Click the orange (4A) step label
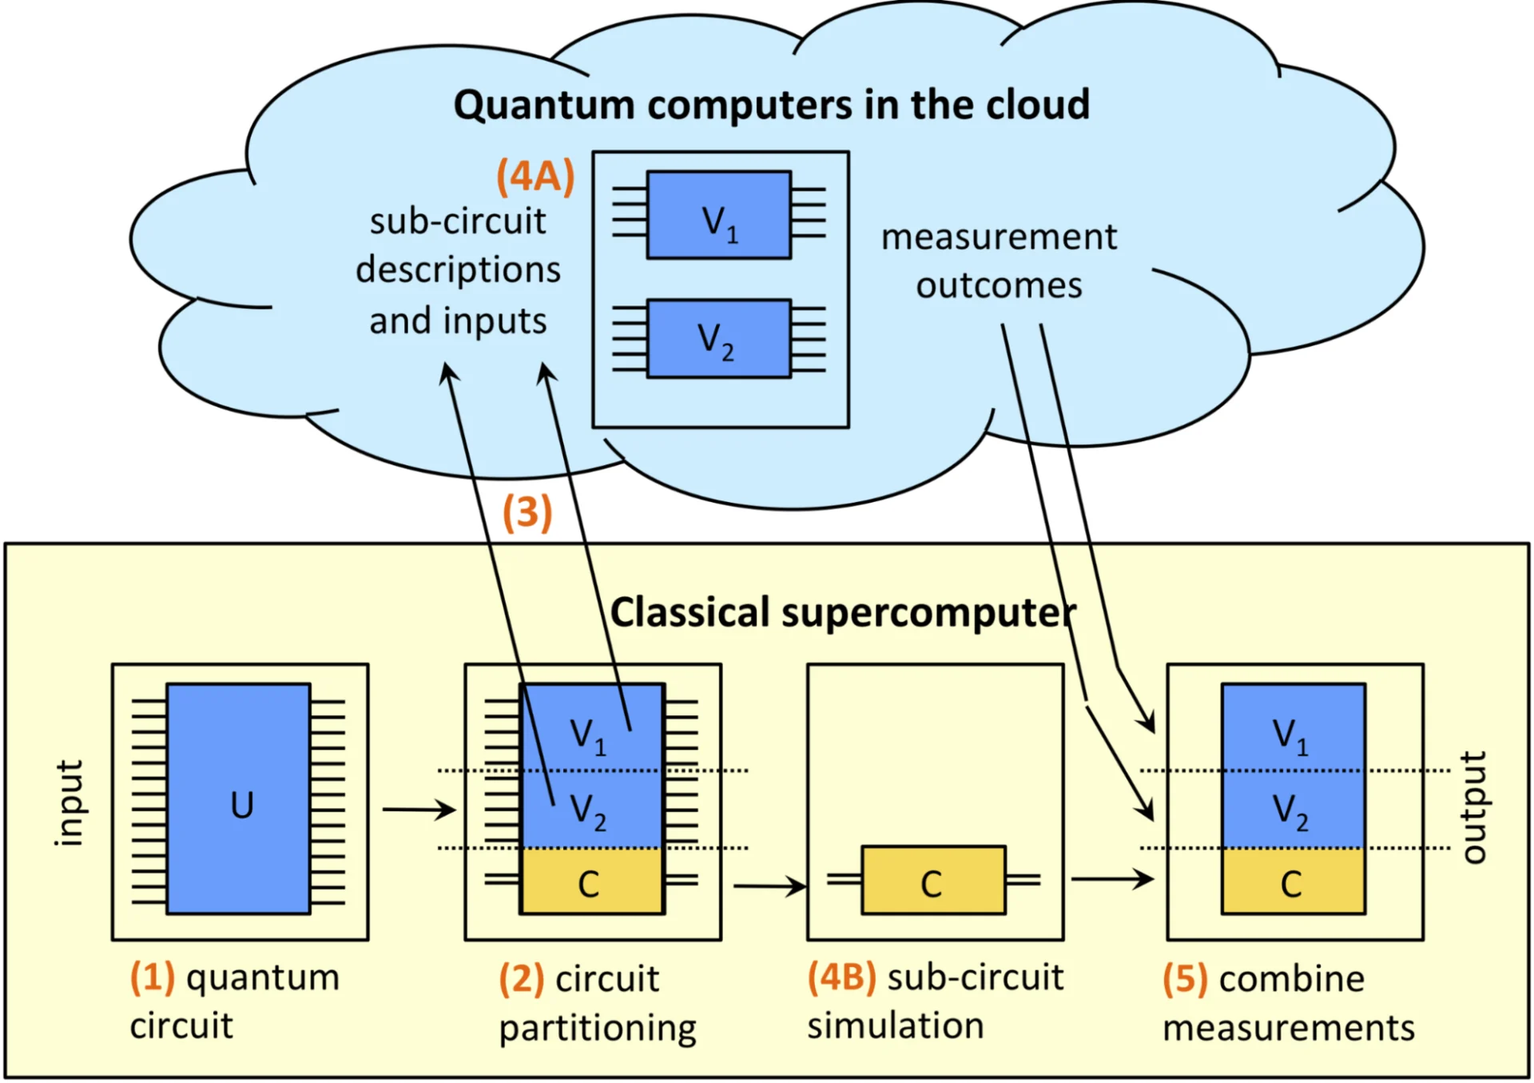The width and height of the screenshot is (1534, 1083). click(535, 176)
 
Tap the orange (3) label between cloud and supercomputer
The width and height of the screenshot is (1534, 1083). click(527, 512)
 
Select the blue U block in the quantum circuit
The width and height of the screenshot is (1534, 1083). click(239, 798)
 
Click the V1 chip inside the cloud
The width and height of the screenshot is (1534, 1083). click(719, 215)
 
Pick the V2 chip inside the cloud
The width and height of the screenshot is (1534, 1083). click(719, 339)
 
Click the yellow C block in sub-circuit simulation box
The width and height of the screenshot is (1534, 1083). click(933, 881)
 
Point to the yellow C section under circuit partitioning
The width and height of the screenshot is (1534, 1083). click(592, 882)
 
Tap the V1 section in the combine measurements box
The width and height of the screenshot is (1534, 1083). click(1293, 727)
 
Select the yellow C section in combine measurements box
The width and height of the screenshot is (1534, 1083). click(1293, 882)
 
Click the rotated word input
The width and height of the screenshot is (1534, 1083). click(69, 802)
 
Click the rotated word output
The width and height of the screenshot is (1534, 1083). click(1475, 807)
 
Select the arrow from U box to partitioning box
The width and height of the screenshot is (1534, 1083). click(418, 810)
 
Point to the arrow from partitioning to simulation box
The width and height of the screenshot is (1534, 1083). click(769, 886)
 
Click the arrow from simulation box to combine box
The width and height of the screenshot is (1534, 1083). click(1111, 879)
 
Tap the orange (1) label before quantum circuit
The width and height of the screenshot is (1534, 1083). click(153, 977)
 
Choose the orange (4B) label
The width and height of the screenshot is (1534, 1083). click(841, 977)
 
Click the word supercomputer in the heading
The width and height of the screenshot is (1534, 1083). click(928, 613)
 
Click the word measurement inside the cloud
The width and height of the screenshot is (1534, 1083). click(999, 237)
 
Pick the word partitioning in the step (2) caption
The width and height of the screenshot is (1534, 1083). click(598, 1028)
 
